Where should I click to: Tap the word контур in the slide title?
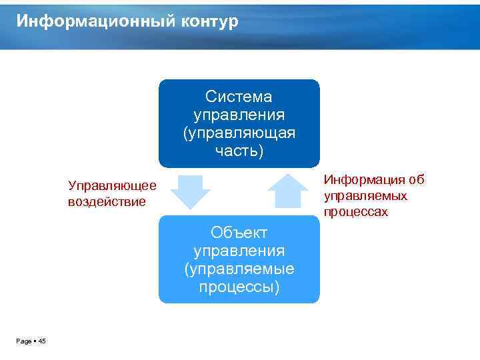tap(208, 21)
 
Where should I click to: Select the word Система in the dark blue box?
tap(239, 97)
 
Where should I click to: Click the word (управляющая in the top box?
tap(239, 133)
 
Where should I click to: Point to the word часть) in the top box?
tap(239, 151)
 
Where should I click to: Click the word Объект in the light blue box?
tap(239, 233)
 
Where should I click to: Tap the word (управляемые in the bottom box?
tap(239, 269)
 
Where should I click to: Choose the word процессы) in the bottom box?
tap(239, 287)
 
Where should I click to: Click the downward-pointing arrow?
tap(190, 191)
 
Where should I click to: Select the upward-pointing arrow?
tap(287, 192)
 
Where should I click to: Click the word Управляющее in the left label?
tap(112, 185)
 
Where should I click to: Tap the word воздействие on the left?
tap(107, 201)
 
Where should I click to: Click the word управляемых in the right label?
tap(365, 196)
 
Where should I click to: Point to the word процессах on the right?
tap(356, 212)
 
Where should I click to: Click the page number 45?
tap(42, 341)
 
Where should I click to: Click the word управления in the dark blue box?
tap(239, 115)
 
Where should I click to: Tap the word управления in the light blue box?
tap(239, 251)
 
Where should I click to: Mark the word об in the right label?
tap(417, 180)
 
